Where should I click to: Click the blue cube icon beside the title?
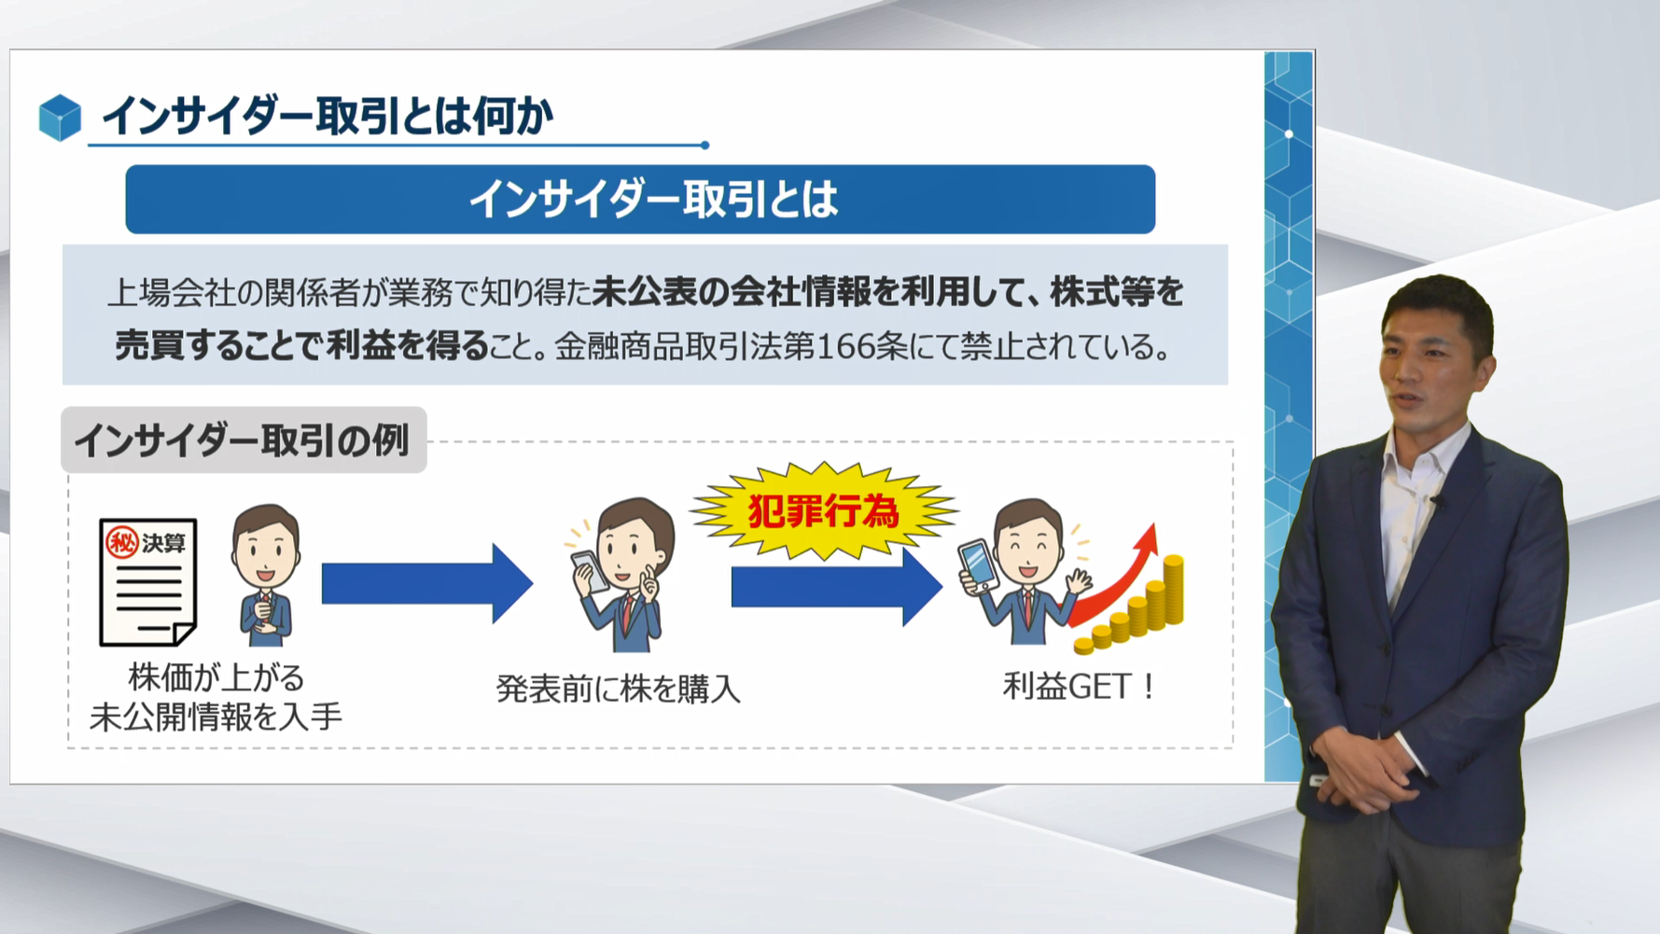[x=60, y=118]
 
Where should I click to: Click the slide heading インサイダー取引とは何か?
[x=327, y=117]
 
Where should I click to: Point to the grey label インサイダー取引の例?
[x=243, y=439]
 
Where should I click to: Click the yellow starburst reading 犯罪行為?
[x=823, y=511]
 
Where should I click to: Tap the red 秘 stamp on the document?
[x=122, y=542]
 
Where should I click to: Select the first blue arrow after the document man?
[x=425, y=584]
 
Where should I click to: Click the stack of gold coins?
[x=1143, y=611]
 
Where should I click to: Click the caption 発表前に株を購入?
[x=618, y=689]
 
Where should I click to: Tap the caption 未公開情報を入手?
[x=216, y=717]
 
